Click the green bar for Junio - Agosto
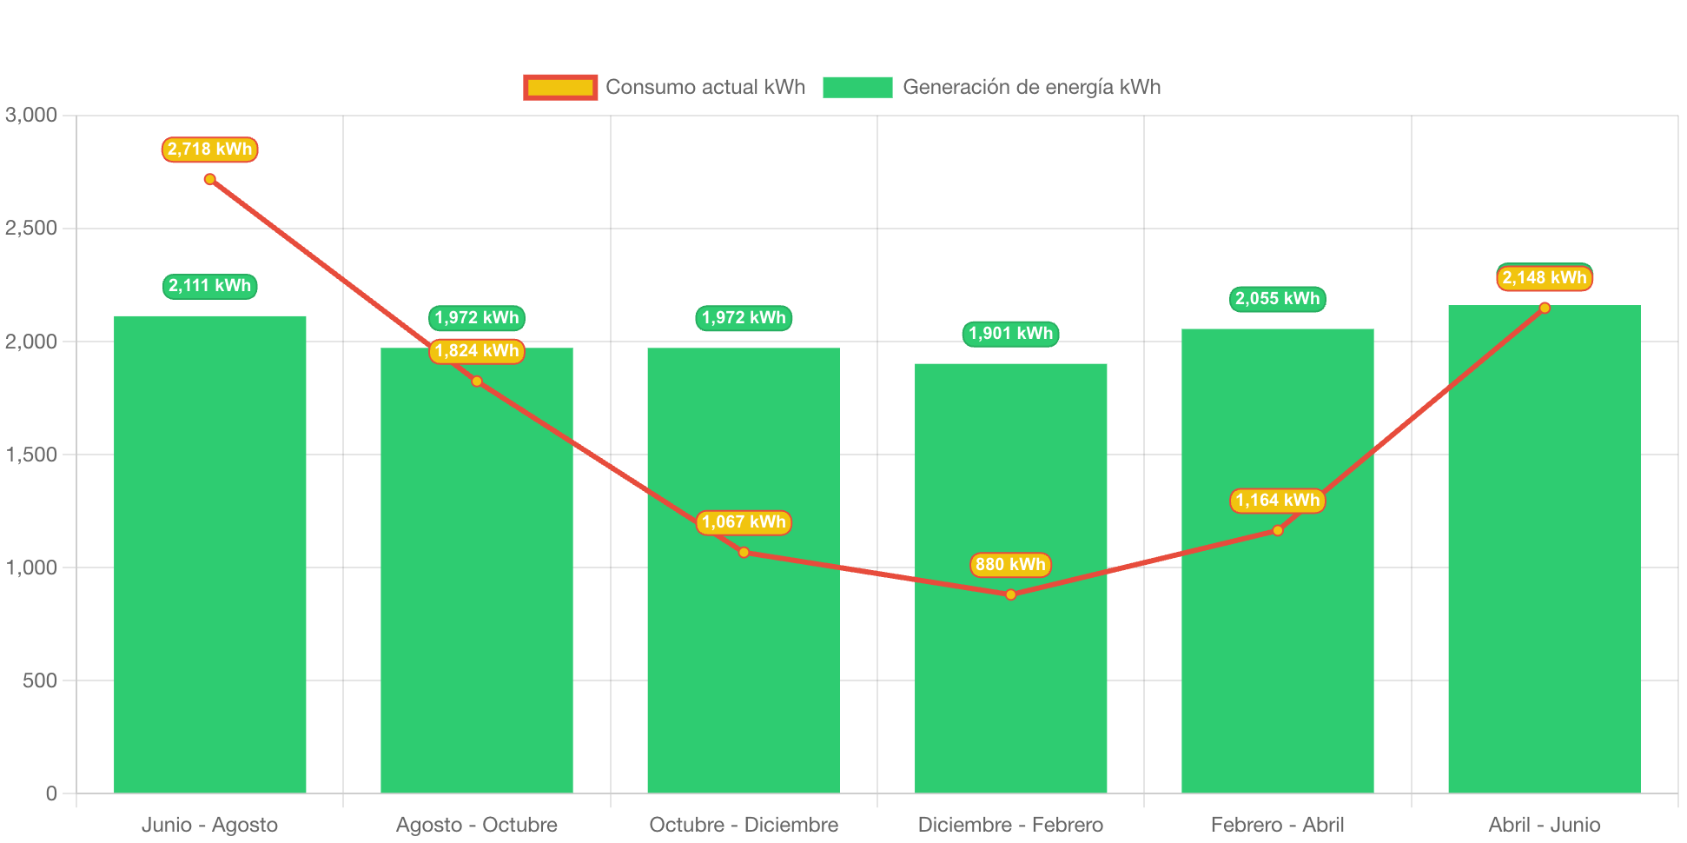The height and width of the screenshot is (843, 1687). pos(209,556)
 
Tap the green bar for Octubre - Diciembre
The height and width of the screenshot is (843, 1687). pos(743,660)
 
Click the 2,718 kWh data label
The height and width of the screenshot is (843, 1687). pos(209,149)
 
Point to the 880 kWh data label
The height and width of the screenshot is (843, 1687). pos(1010,565)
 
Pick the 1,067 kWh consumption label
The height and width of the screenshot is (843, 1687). pos(744,522)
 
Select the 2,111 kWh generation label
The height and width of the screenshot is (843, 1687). pos(209,286)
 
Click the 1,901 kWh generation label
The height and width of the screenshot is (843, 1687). pos(1010,334)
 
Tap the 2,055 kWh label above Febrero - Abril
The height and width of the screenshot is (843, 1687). pos(1277,299)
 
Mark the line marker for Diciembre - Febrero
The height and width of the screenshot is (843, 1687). pos(1010,595)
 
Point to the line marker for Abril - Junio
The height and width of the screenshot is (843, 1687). pos(1545,308)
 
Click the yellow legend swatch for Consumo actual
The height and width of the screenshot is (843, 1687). pos(560,87)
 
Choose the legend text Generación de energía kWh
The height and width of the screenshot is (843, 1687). pos(1031,87)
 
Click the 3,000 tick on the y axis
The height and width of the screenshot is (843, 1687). pos(31,115)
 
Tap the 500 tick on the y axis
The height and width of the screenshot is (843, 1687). pos(40,680)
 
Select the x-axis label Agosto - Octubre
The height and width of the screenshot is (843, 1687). pos(476,825)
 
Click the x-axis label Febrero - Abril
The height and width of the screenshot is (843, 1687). pos(1277,825)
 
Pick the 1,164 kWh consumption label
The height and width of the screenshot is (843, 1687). pos(1277,501)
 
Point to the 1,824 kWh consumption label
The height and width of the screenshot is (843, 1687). pos(477,351)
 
